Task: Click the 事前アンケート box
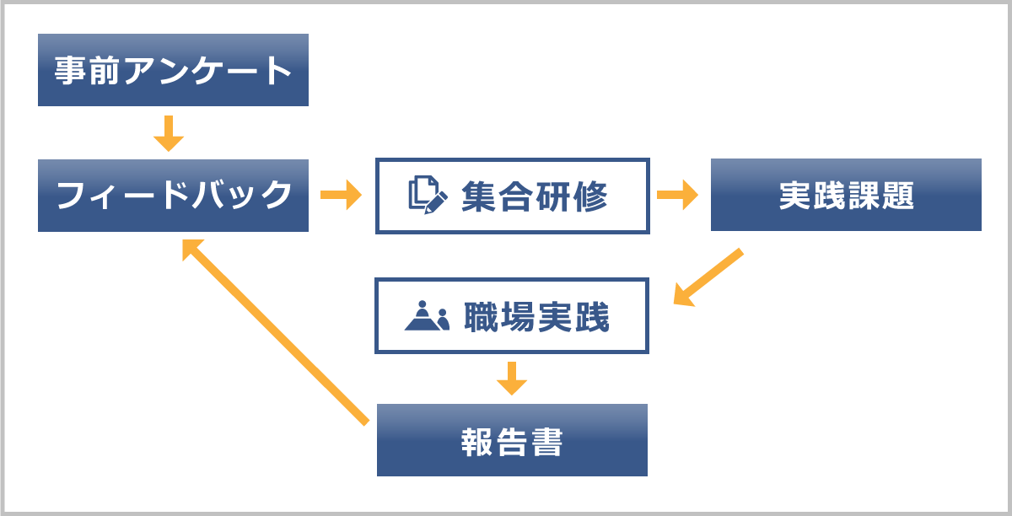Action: [173, 70]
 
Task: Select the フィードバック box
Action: [173, 196]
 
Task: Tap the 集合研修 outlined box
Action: [512, 196]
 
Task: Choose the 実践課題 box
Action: [846, 195]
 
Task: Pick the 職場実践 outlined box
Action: [512, 316]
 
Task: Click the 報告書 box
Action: [512, 440]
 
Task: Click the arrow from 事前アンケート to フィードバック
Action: [169, 132]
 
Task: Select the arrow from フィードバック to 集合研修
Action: [341, 196]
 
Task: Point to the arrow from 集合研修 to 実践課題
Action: [677, 196]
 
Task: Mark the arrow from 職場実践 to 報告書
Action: [511, 379]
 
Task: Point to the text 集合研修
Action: [535, 196]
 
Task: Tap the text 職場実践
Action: [536, 316]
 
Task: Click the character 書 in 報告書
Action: [547, 441]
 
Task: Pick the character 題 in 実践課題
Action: [899, 196]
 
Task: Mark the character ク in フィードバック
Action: [276, 196]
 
